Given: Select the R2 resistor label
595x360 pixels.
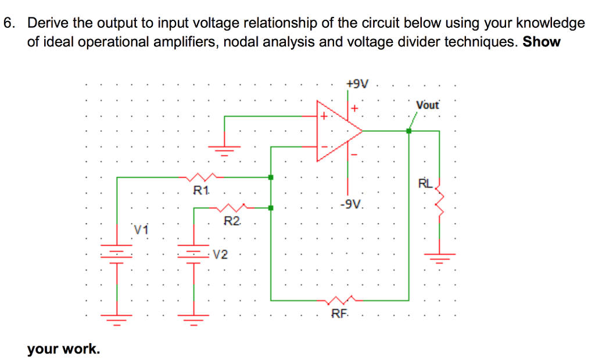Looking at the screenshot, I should tap(231, 221).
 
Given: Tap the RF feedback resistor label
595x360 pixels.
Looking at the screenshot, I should tap(340, 314).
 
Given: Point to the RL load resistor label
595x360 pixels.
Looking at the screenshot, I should tap(425, 185).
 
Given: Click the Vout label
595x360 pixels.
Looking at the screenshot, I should tap(428, 105).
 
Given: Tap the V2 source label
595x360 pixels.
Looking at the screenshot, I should tap(220, 254).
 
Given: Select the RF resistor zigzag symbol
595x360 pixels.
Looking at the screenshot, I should tap(340, 301).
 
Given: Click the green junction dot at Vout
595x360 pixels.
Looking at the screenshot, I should tap(409, 131).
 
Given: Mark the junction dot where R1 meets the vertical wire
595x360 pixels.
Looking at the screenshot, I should tap(271, 177).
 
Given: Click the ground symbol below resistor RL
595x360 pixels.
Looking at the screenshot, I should tap(439, 256).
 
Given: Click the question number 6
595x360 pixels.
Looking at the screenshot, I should tap(9, 23).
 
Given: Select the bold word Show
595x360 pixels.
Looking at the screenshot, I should tap(542, 42).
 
